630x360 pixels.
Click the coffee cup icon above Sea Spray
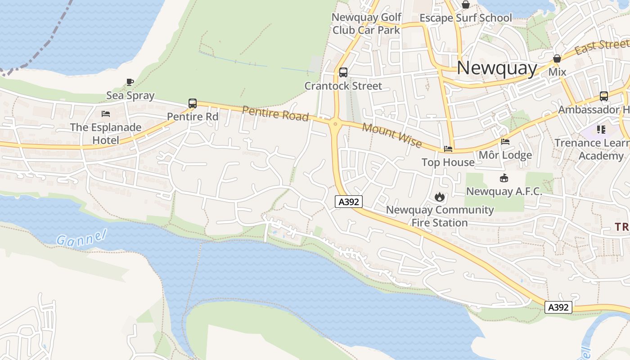click(130, 82)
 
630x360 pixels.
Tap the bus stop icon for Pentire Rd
click(193, 103)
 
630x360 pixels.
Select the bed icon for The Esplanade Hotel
click(106, 114)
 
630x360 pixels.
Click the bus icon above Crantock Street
click(343, 72)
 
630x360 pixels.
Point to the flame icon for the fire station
click(439, 197)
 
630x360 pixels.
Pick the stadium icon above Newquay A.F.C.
click(504, 178)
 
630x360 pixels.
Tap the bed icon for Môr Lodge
click(505, 142)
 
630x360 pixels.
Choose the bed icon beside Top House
click(448, 149)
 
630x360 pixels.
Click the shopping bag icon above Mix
click(557, 59)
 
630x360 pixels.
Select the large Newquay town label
click(497, 68)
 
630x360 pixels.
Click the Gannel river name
click(81, 237)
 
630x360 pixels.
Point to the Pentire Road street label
click(275, 113)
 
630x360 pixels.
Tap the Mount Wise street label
click(392, 135)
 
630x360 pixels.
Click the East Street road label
click(602, 46)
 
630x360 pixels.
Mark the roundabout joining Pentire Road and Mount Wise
click(335, 124)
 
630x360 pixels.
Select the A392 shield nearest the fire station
click(349, 202)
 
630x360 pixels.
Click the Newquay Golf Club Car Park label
click(366, 24)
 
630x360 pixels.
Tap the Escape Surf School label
click(466, 18)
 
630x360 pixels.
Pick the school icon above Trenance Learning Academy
click(601, 130)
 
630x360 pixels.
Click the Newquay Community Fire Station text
click(440, 216)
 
